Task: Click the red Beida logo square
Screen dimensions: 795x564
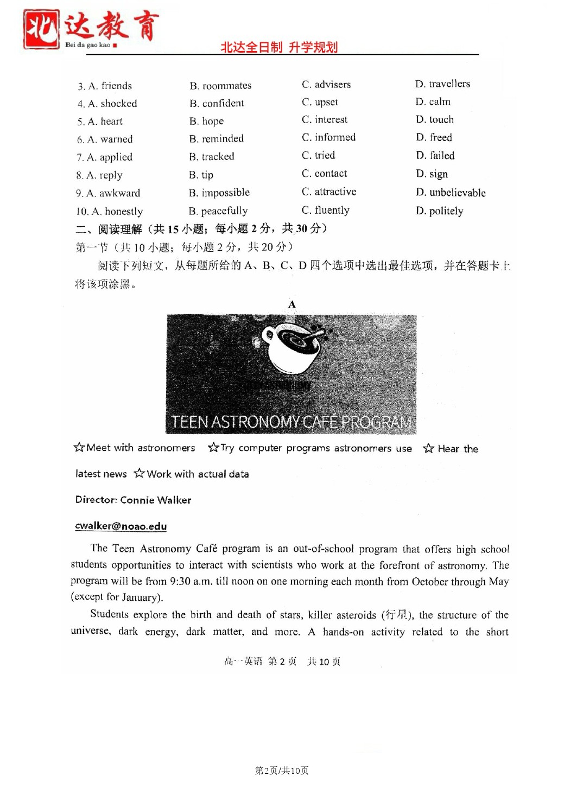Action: (x=41, y=29)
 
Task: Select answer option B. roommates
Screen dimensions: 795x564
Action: (x=220, y=86)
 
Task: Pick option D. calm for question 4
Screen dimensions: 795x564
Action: (x=433, y=102)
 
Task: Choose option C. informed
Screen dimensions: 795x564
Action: (x=328, y=137)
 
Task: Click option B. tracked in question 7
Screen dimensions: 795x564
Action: (x=212, y=157)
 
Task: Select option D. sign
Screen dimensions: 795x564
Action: (x=432, y=174)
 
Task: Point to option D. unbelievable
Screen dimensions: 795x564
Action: (x=451, y=193)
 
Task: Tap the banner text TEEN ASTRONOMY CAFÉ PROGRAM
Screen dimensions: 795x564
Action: (x=291, y=422)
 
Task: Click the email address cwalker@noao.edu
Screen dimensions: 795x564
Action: (x=121, y=526)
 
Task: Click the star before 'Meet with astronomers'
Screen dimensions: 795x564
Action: (x=79, y=447)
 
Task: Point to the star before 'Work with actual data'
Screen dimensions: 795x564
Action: (x=140, y=473)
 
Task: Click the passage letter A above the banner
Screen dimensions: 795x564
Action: (x=292, y=304)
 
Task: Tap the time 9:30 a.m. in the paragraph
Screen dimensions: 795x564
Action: (x=191, y=581)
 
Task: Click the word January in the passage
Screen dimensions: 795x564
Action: (x=140, y=597)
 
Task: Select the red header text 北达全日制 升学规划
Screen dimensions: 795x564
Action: (x=279, y=47)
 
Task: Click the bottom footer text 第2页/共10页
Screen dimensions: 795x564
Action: (x=282, y=771)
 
